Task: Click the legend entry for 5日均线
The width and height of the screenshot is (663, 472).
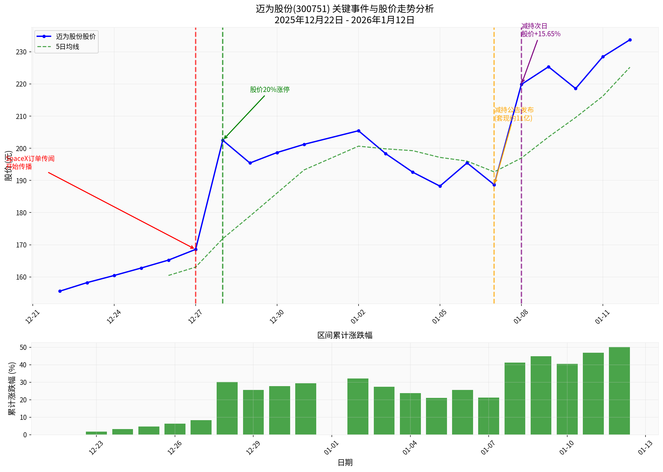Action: click(67, 47)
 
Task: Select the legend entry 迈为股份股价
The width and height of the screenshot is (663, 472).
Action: click(75, 37)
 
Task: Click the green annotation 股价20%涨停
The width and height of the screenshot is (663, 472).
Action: click(269, 90)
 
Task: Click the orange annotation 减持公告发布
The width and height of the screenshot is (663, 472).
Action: click(514, 110)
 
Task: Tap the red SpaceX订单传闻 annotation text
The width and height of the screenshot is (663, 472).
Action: click(30, 159)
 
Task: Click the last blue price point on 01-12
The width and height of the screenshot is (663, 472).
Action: click(630, 40)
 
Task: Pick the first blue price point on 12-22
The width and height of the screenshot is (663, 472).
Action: click(60, 291)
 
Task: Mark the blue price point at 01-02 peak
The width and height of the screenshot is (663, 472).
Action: click(359, 131)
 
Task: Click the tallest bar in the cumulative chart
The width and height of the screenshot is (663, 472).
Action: click(619, 391)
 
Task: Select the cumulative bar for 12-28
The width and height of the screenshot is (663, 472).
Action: click(227, 408)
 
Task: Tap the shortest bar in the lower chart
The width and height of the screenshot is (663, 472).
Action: click(96, 433)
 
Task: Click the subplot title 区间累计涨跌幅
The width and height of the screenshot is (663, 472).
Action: click(345, 335)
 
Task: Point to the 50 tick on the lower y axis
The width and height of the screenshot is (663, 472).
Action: click(23, 347)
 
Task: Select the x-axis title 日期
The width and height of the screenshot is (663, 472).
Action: click(345, 462)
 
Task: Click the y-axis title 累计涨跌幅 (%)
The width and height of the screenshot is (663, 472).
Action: click(12, 388)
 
